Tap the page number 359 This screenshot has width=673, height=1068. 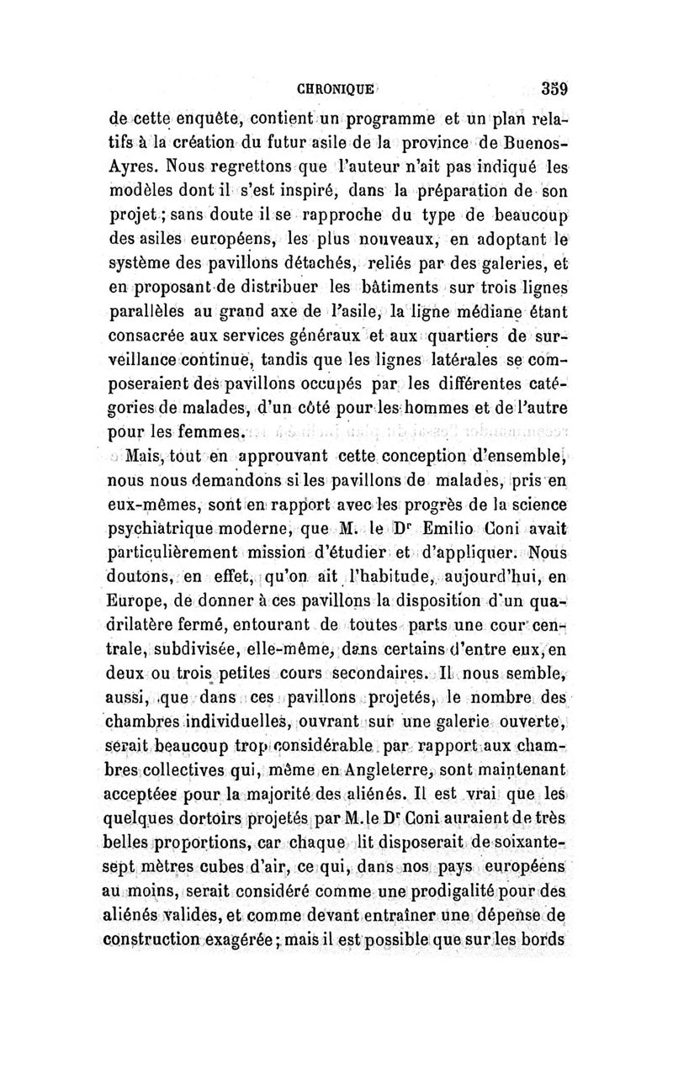(x=556, y=87)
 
